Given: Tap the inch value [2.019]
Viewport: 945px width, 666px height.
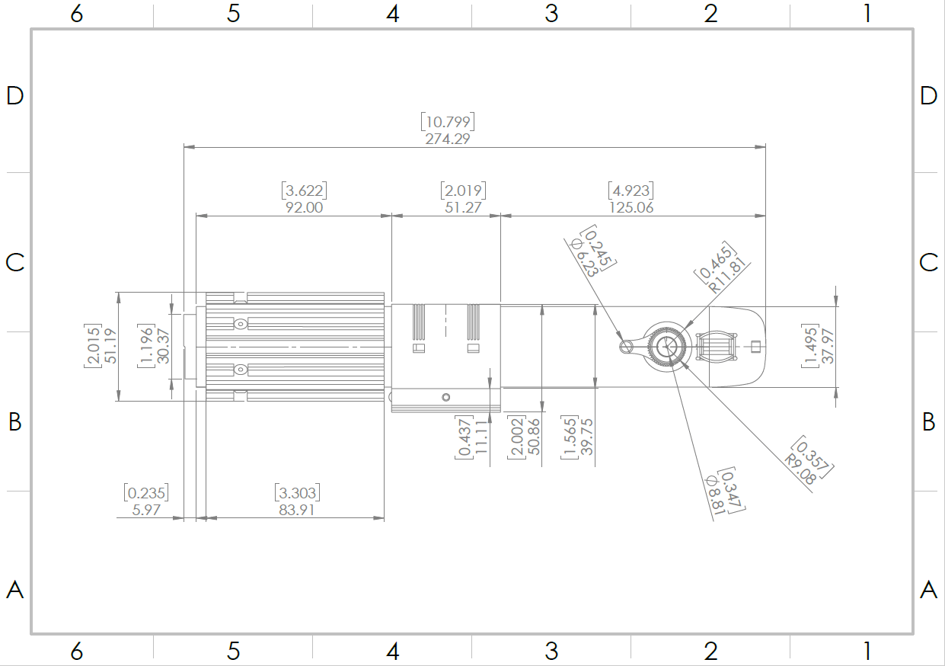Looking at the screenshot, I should pyautogui.click(x=462, y=190).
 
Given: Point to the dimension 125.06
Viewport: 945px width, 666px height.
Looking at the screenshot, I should pyautogui.click(x=631, y=207).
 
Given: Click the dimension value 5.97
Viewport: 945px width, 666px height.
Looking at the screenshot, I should pyautogui.click(x=146, y=510).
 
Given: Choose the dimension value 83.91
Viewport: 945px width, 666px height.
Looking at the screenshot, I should pyautogui.click(x=296, y=510).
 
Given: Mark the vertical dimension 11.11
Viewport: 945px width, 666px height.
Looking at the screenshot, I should pyautogui.click(x=480, y=437).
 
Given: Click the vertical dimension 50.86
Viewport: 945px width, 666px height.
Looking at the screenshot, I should pyautogui.click(x=533, y=437).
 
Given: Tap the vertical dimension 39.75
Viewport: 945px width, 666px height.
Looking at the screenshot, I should pyautogui.click(x=586, y=437).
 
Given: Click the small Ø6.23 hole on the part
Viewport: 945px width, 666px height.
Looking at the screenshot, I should pyautogui.click(x=626, y=347).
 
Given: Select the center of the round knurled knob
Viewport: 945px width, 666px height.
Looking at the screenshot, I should pyautogui.click(x=668, y=347).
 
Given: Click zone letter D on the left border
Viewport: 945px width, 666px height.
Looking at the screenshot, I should pyautogui.click(x=15, y=95).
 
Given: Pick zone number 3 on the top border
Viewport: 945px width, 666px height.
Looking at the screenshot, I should pyautogui.click(x=551, y=13).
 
